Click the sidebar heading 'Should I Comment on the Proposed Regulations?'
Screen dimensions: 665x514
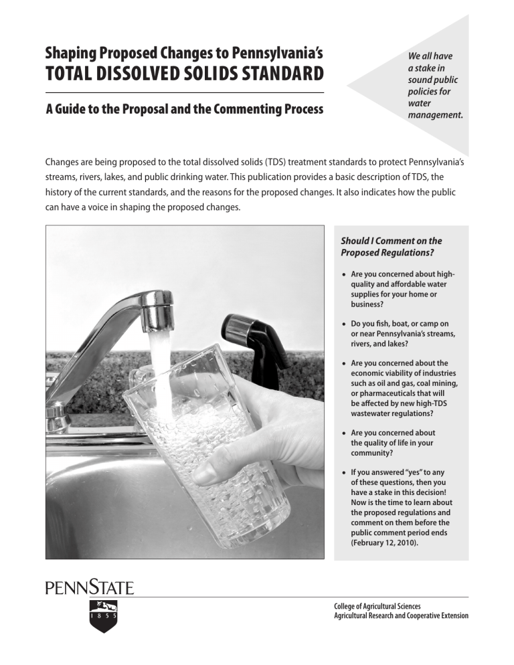tap(392, 246)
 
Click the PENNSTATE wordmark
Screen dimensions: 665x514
tap(90, 589)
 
